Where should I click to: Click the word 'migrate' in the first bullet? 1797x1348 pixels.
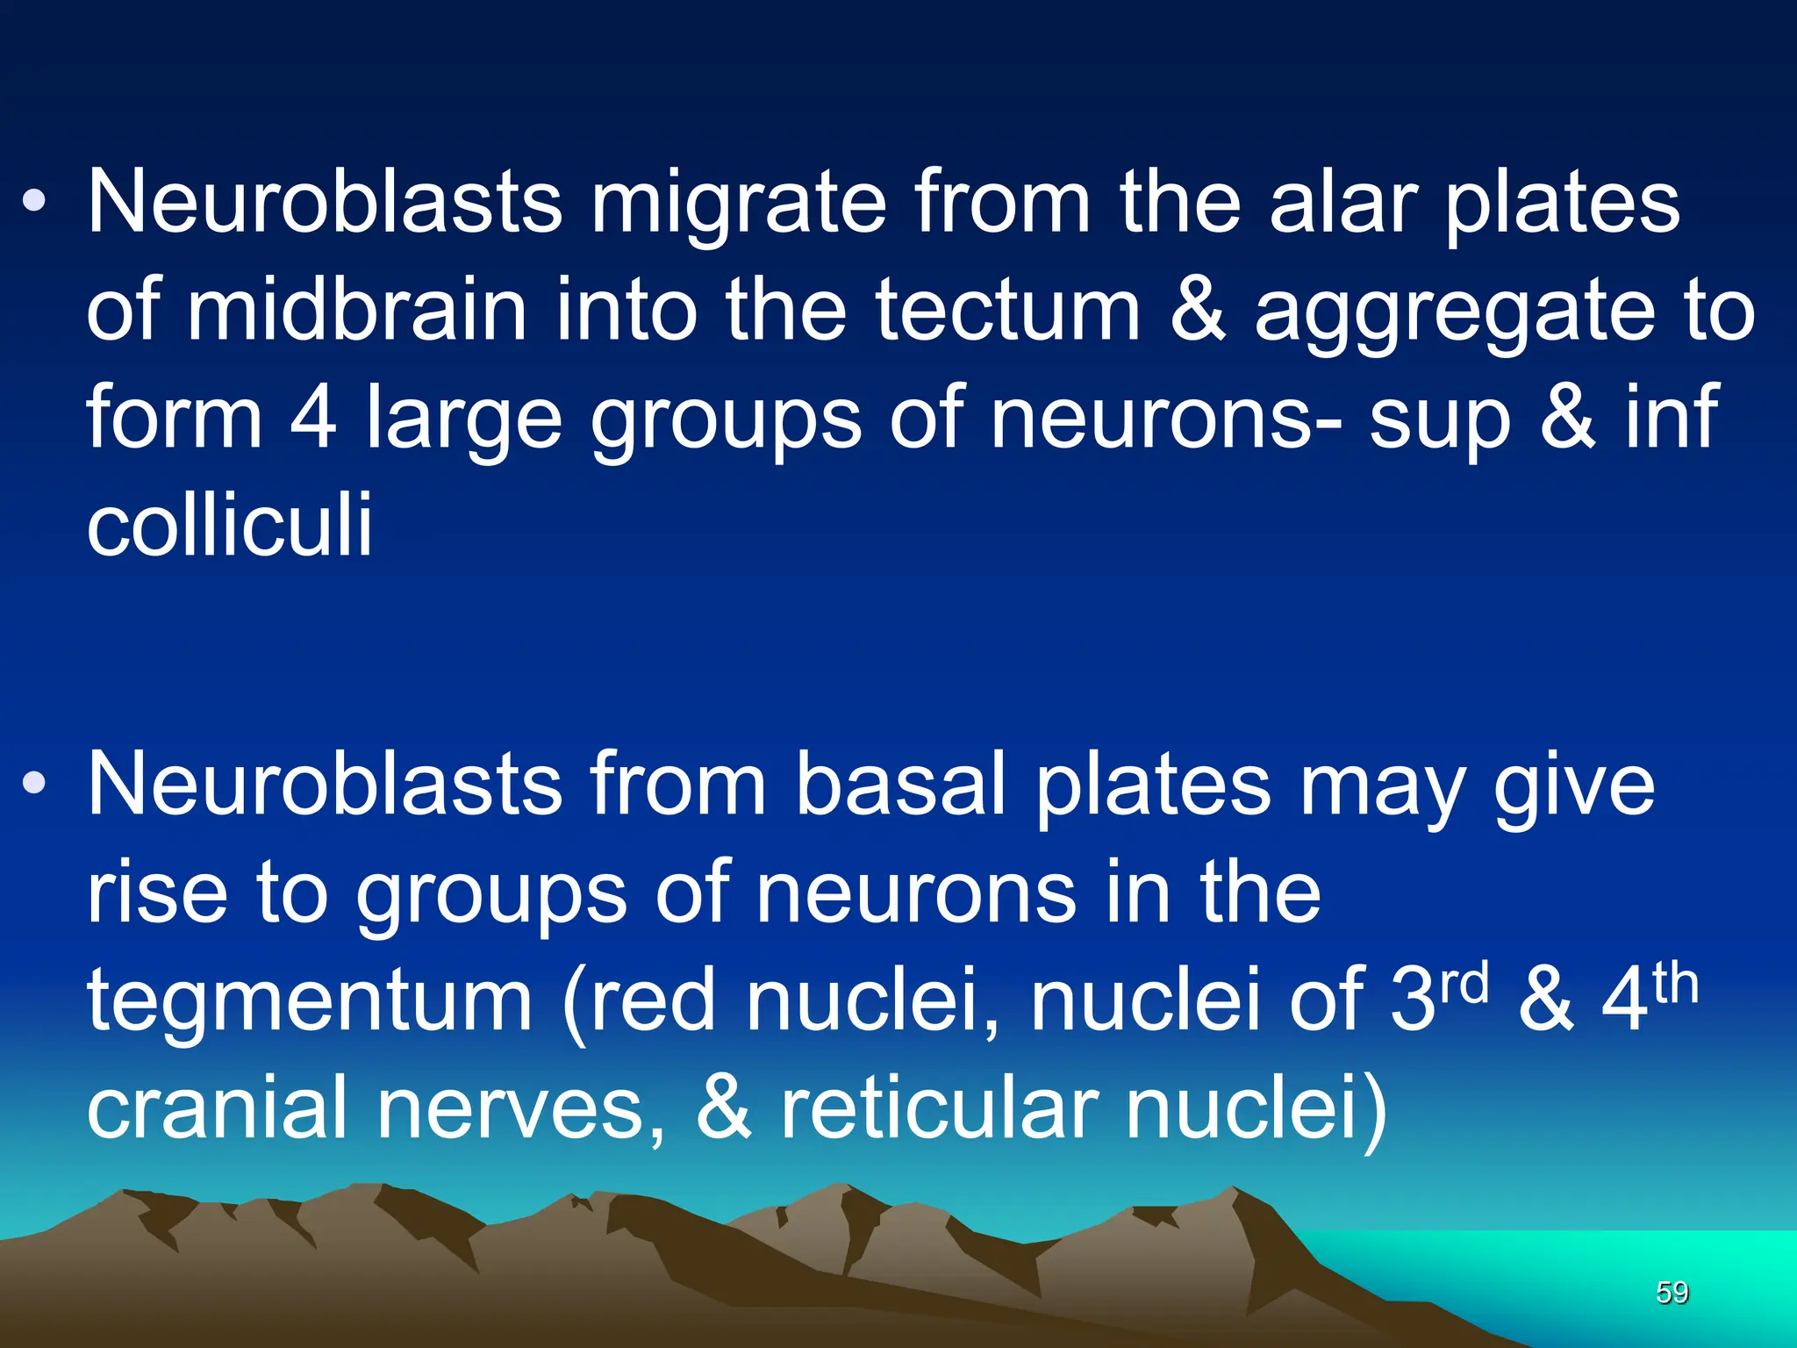(x=738, y=204)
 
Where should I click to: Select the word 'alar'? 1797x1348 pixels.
(x=1342, y=204)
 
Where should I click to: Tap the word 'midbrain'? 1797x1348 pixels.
(x=357, y=311)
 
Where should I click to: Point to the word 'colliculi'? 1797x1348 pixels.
(x=230, y=525)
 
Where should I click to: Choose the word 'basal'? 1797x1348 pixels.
(x=899, y=785)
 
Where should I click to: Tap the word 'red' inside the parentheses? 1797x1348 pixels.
(x=653, y=1000)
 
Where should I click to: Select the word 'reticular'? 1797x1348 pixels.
(x=939, y=1107)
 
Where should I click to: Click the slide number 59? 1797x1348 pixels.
(x=1672, y=1293)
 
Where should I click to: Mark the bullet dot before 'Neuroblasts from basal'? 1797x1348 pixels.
(x=34, y=784)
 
